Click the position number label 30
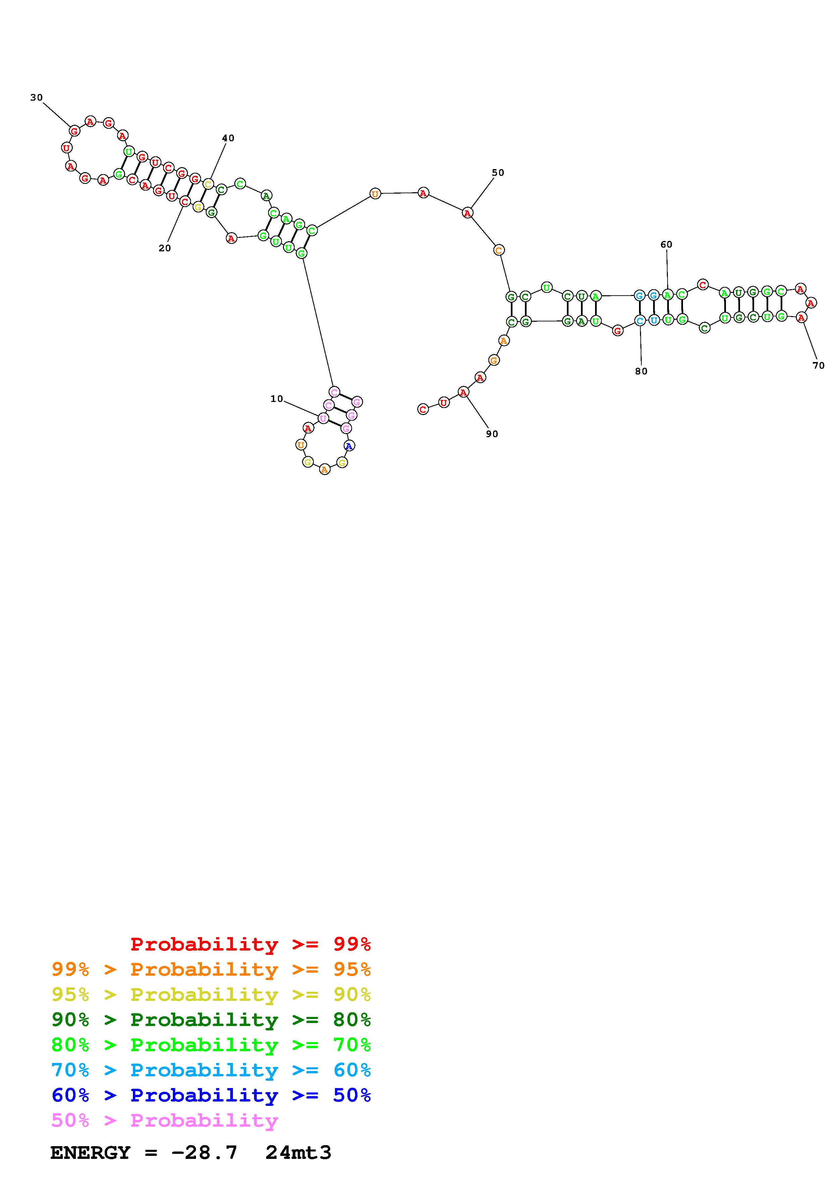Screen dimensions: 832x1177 pyautogui.click(x=36, y=97)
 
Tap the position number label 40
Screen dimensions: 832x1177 pyautogui.click(x=228, y=138)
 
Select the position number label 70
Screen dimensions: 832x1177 pyautogui.click(x=819, y=365)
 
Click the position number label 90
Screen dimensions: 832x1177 pyautogui.click(x=492, y=434)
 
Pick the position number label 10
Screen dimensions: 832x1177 pyautogui.click(x=277, y=399)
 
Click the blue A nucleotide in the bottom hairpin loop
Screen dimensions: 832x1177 pyautogui.click(x=349, y=446)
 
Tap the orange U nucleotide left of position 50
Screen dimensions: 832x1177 pyautogui.click(x=375, y=194)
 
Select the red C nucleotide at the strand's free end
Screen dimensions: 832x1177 pyautogui.click(x=423, y=409)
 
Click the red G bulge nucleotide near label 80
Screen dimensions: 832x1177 pyautogui.click(x=618, y=331)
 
